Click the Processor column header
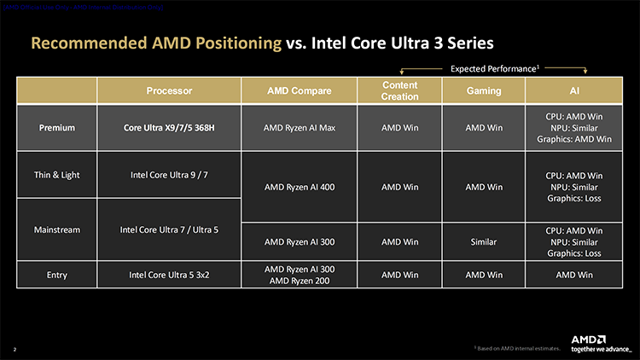[x=169, y=90]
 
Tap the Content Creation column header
[x=400, y=90]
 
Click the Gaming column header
[x=483, y=90]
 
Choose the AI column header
[x=573, y=90]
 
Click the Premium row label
[x=57, y=128]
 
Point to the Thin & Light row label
[x=57, y=176]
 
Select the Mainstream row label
[x=57, y=229]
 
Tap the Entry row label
[x=57, y=275]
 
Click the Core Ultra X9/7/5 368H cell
[x=169, y=128]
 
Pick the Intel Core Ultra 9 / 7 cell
[x=169, y=176]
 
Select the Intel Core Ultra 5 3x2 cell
[x=169, y=275]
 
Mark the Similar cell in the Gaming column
[x=483, y=242]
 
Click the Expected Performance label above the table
[x=492, y=67]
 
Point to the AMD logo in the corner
[x=589, y=338]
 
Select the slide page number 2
[x=15, y=349]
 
